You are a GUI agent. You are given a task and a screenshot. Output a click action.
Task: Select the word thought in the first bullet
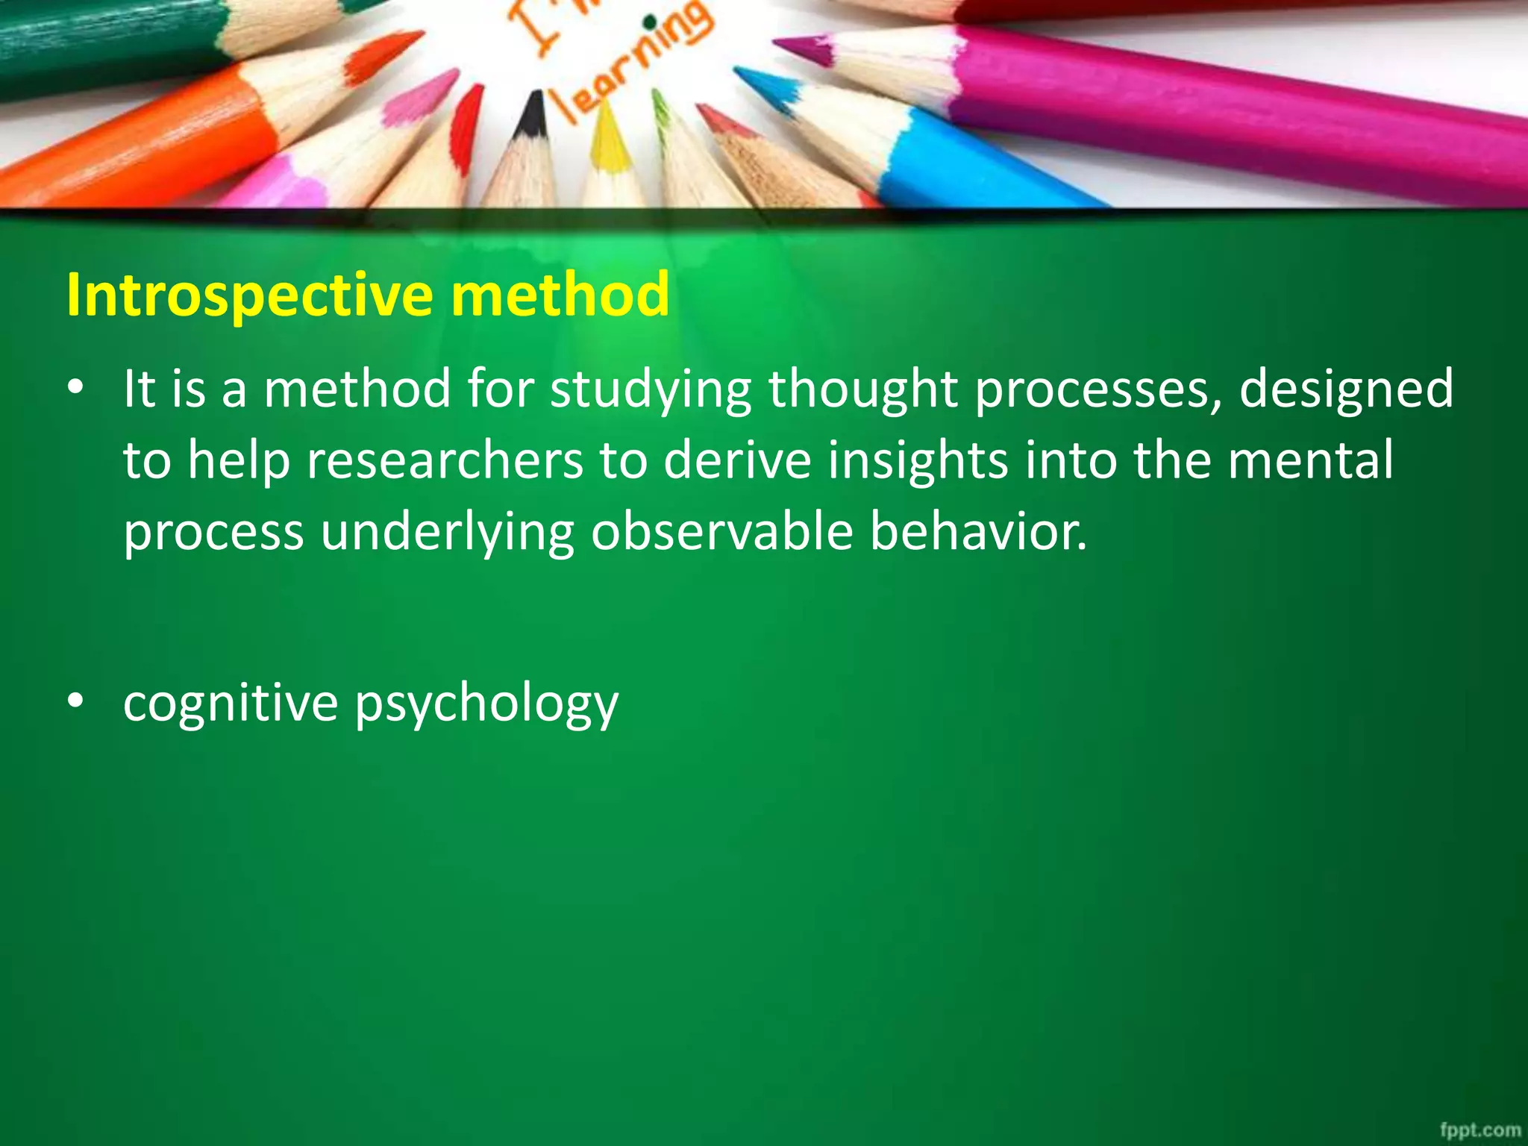coord(863,390)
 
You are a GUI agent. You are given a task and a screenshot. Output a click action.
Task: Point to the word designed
coord(1346,390)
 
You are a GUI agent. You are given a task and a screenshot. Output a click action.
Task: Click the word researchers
coord(445,460)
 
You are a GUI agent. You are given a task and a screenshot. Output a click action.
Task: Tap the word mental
coord(1310,460)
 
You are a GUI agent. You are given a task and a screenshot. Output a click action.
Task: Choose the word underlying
coord(448,533)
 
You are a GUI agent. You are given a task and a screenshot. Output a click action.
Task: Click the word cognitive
coord(231,703)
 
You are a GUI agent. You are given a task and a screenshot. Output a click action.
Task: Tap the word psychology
coord(486,704)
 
